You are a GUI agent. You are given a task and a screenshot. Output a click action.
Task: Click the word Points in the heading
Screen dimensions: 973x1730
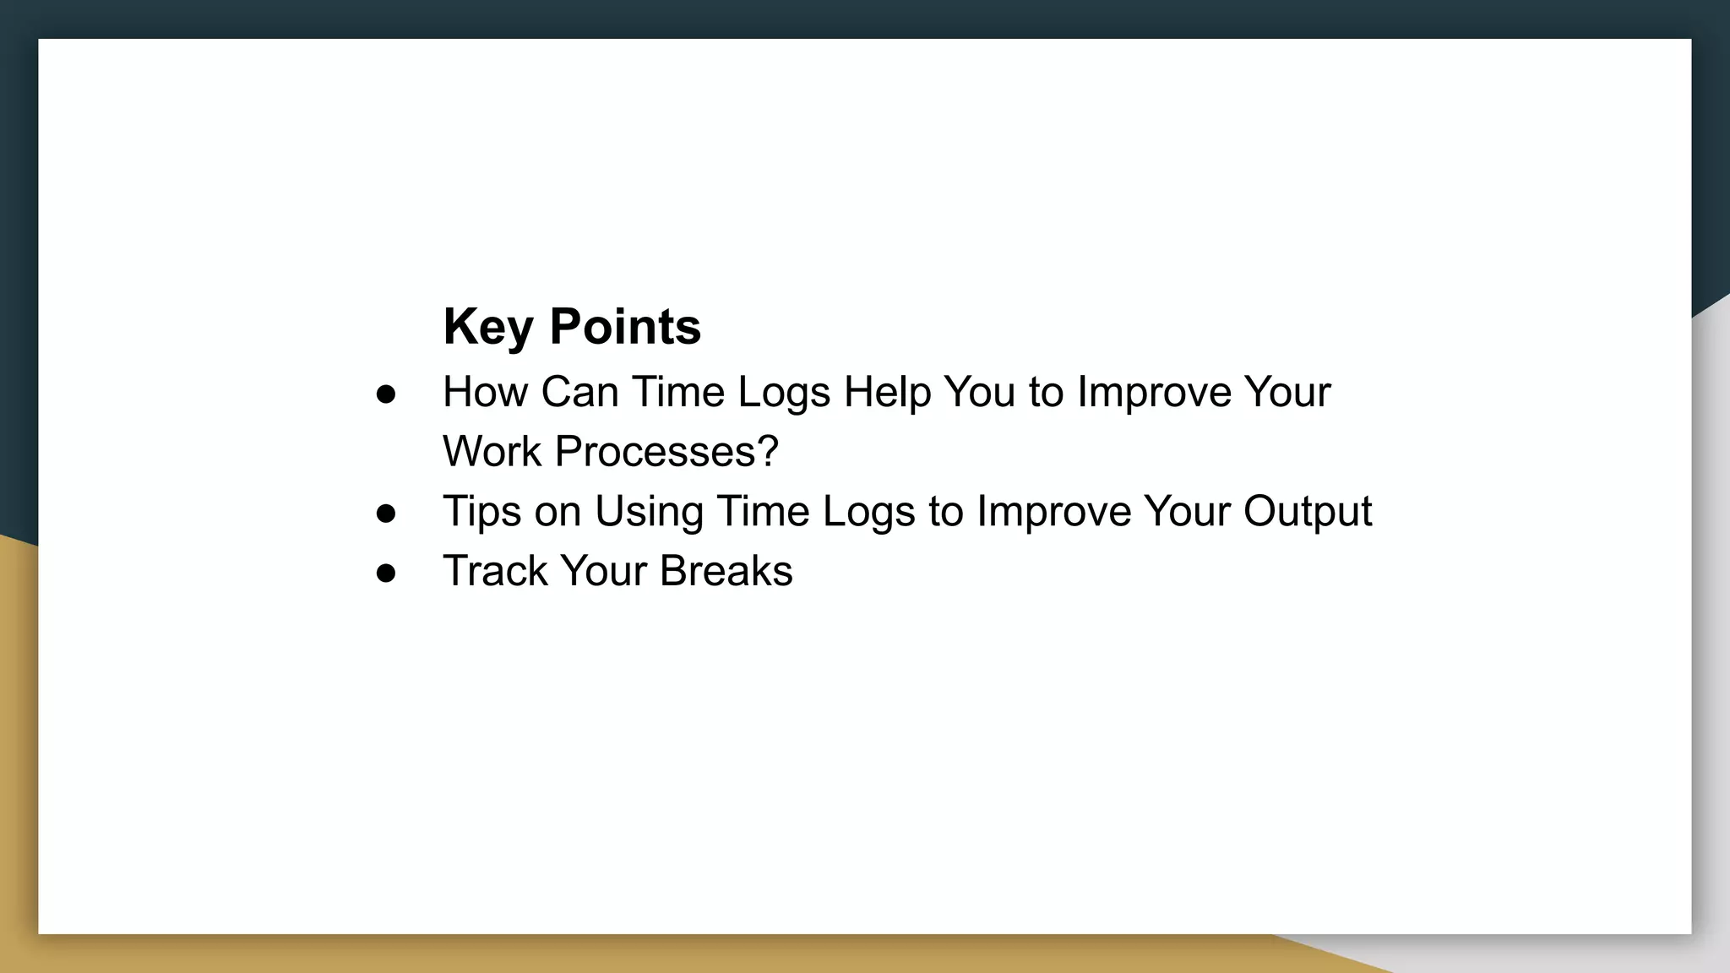click(625, 327)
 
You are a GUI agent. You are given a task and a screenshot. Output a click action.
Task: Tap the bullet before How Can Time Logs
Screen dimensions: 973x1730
click(386, 394)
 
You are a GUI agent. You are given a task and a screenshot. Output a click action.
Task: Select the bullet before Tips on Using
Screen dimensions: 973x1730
click(386, 514)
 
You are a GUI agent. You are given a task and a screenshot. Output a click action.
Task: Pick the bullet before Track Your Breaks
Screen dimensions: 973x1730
click(386, 573)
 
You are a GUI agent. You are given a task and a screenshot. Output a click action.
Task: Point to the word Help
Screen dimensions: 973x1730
click(887, 393)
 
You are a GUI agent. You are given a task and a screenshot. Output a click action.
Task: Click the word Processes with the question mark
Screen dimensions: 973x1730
click(666, 452)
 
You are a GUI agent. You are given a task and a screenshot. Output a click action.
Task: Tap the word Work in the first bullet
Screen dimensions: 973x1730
click(492, 452)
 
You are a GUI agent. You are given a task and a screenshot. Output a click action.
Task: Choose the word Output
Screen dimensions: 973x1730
click(1307, 512)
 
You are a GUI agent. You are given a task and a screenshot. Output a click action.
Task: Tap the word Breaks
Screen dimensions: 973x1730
click(726, 571)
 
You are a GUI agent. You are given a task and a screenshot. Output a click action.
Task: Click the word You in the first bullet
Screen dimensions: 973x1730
click(979, 393)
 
